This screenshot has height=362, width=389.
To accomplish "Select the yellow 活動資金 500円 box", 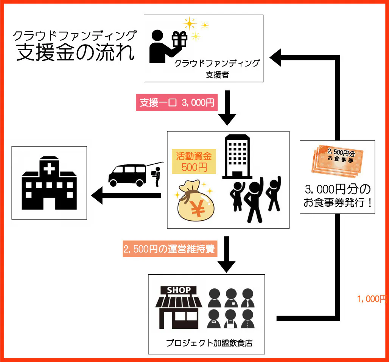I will click(194, 161).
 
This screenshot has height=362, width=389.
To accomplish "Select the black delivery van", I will click(127, 175).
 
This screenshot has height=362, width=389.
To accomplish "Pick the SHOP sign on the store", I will click(179, 290).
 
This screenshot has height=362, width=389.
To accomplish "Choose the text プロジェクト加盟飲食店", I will click(209, 343).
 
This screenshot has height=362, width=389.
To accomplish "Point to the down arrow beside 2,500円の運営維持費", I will click(227, 255).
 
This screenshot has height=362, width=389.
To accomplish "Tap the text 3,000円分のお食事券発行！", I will click(338, 195).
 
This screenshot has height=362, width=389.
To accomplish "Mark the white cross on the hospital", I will click(50, 170).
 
